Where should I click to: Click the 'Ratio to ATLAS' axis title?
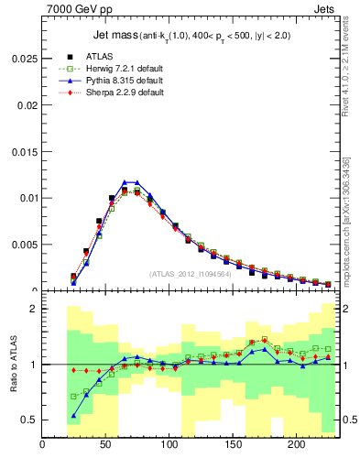12,365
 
